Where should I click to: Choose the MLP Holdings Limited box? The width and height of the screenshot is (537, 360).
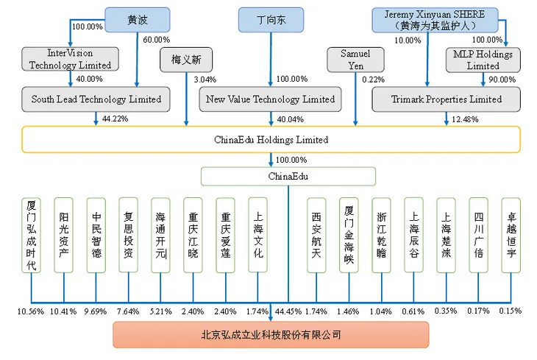point(483,59)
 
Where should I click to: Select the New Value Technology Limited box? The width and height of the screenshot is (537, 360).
point(271,99)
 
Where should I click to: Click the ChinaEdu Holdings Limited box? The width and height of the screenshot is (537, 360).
point(271,139)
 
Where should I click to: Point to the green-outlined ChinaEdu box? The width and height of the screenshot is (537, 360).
point(288,177)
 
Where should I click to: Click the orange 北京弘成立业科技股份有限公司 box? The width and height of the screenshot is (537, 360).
point(271,335)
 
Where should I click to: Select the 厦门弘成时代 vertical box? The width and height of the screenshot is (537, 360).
point(31,245)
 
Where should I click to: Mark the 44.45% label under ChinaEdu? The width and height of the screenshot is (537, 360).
point(289,311)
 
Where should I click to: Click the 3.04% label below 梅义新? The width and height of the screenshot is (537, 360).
point(203,79)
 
